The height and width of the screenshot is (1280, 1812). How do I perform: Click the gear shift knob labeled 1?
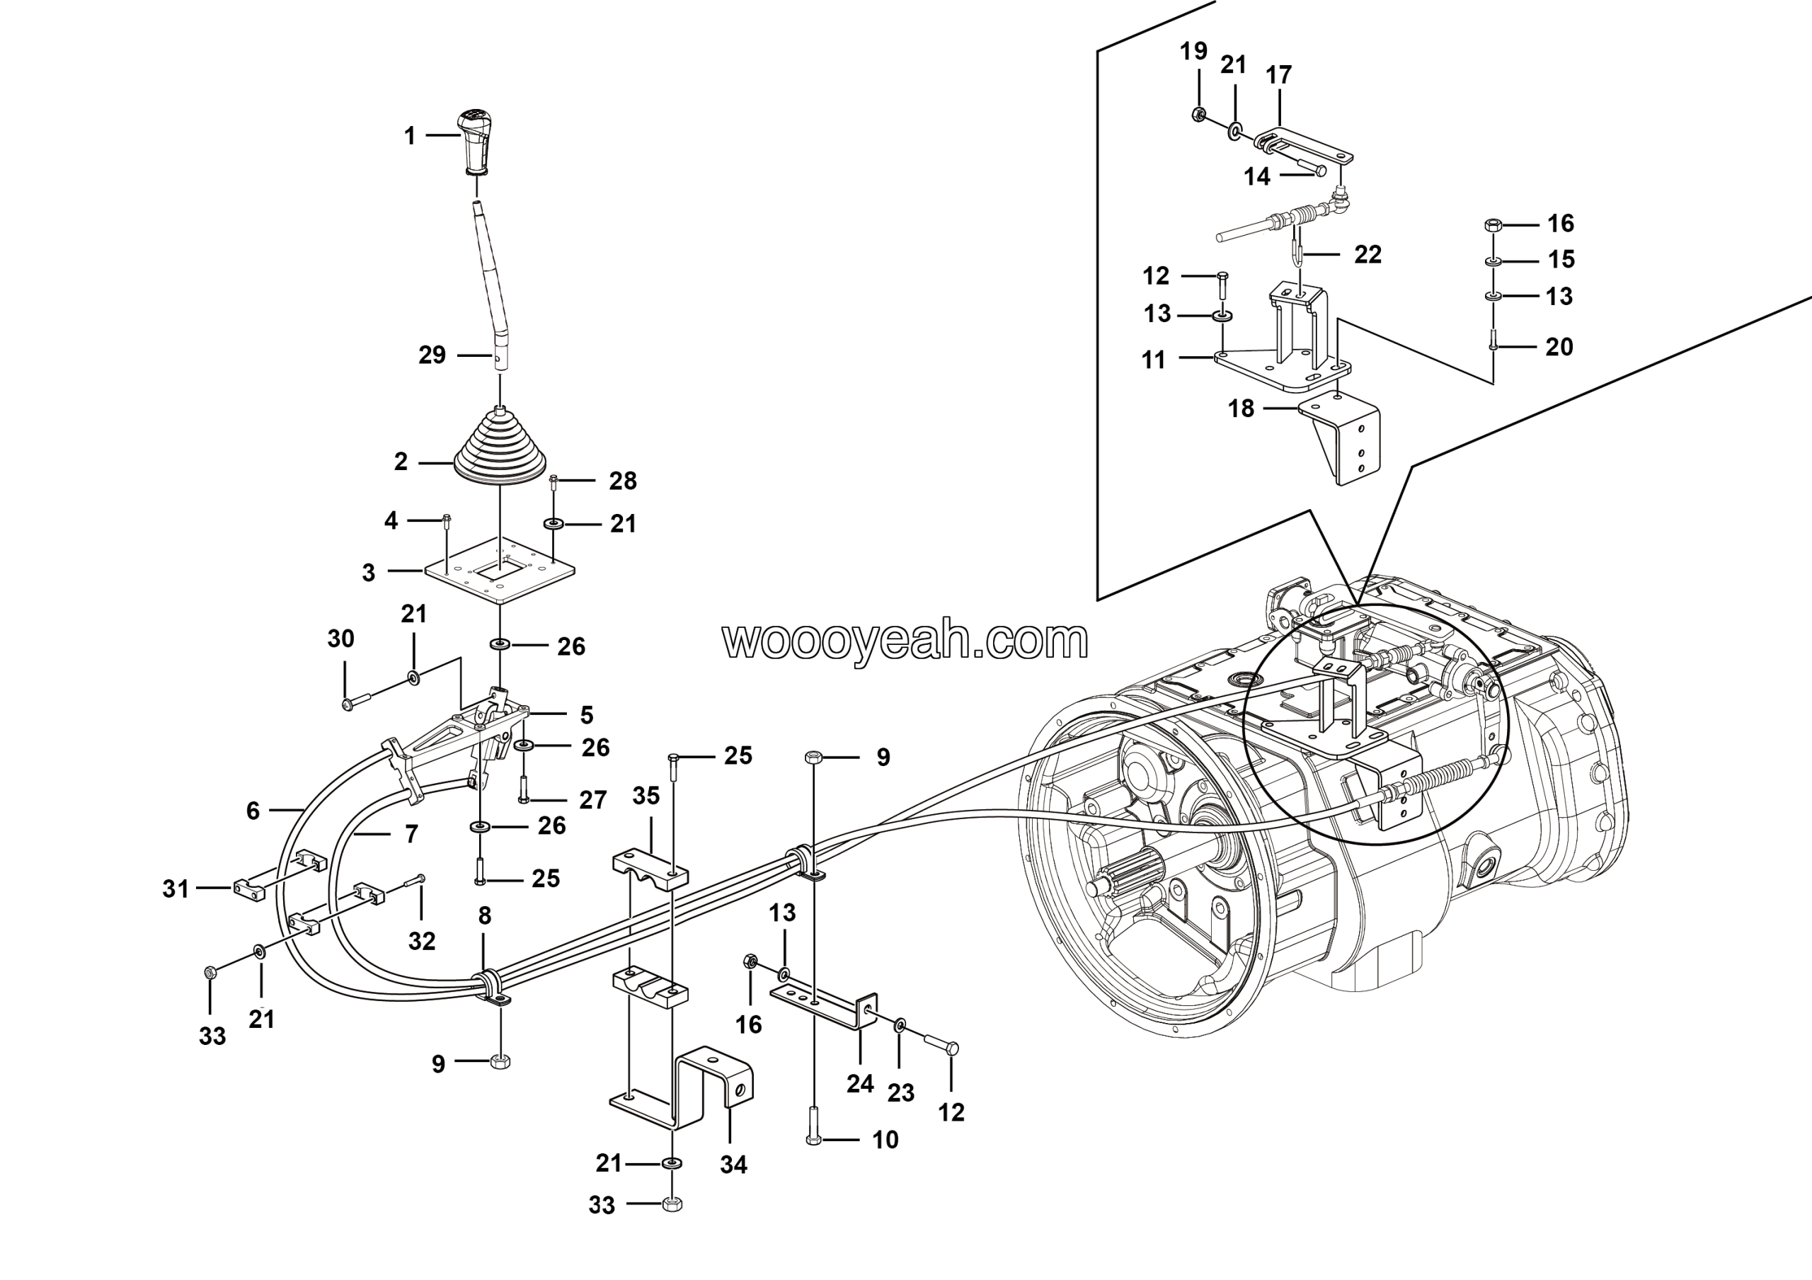tap(474, 142)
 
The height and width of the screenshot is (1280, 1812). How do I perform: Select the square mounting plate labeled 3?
tap(500, 571)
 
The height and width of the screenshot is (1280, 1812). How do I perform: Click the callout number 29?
tap(432, 355)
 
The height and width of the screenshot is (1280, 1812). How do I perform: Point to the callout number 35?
tap(646, 796)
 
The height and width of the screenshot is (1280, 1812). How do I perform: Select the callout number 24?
tap(860, 1083)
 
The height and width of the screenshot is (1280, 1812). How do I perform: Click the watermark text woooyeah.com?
tap(905, 640)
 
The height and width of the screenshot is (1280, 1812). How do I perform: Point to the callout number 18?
tap(1241, 408)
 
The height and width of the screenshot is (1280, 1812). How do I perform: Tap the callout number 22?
tap(1367, 254)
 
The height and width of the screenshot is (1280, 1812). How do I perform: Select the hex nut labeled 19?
tap(1197, 115)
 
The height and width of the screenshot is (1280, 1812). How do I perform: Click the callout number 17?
tap(1278, 75)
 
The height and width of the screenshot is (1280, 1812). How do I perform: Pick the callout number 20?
tap(1559, 346)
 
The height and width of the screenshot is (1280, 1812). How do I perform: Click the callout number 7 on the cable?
tap(411, 834)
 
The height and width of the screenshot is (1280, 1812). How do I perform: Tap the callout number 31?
tap(176, 888)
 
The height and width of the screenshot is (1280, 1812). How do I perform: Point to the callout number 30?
tap(341, 639)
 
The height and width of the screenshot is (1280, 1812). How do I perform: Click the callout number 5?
tap(586, 715)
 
